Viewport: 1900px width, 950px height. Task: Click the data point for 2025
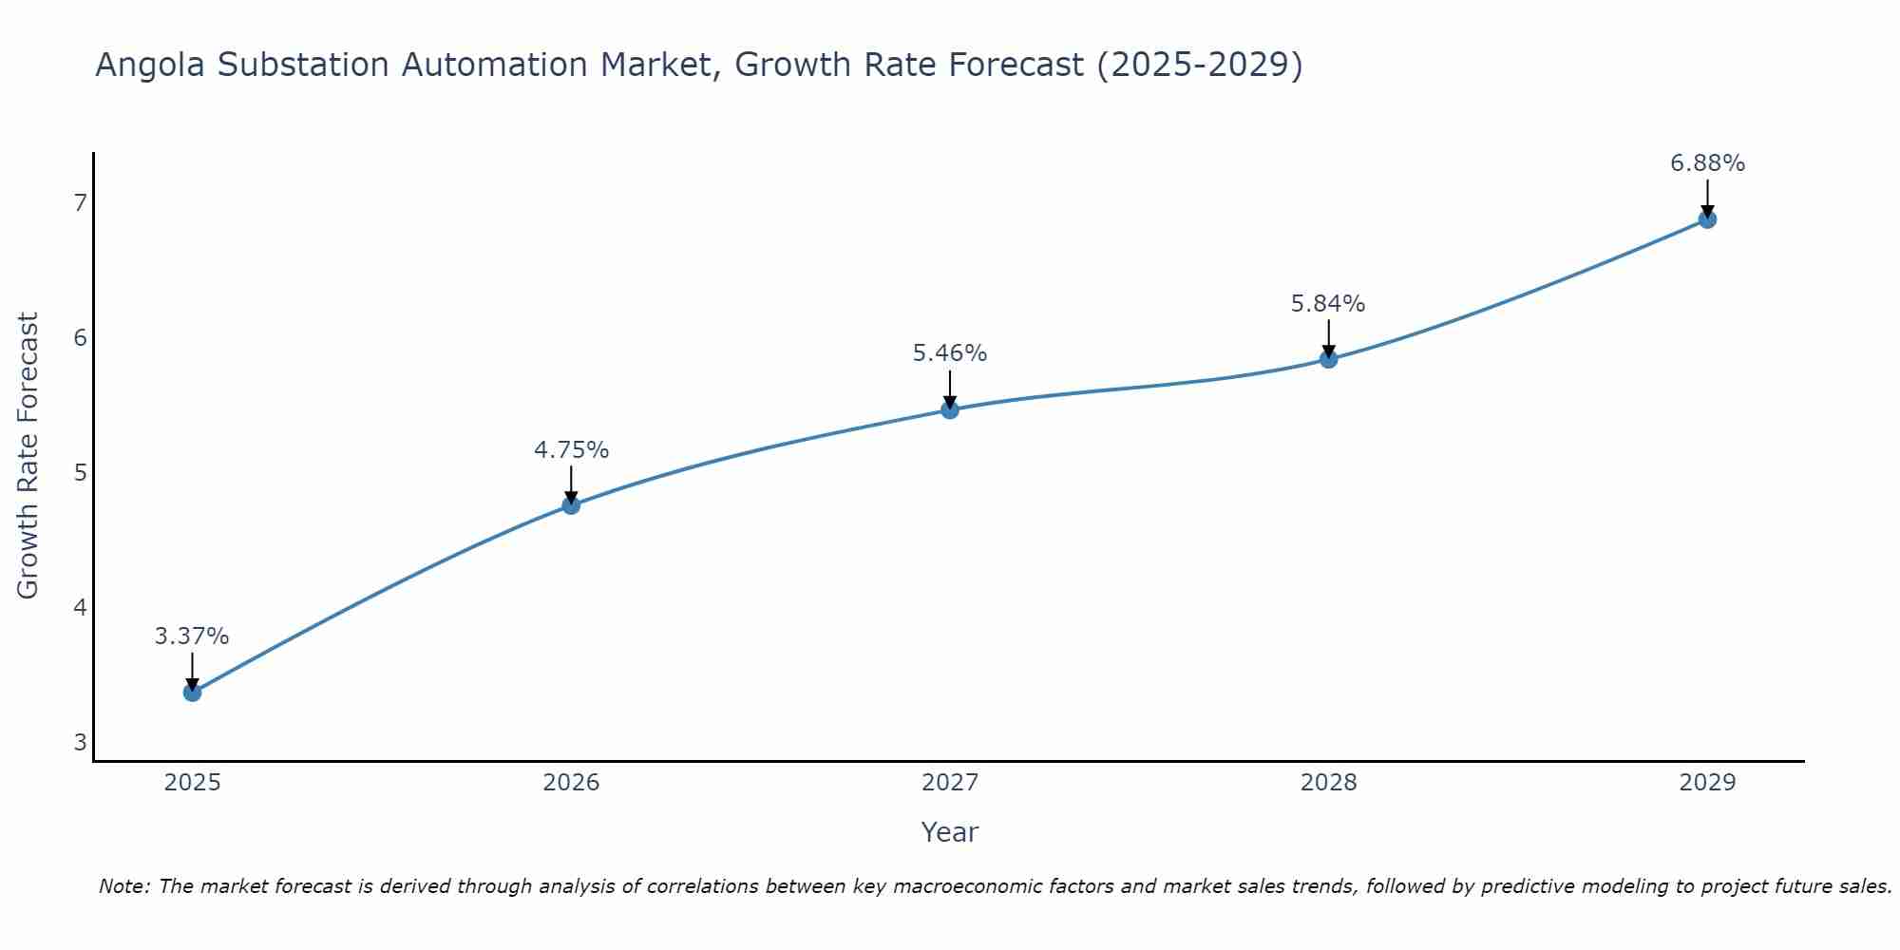tap(192, 693)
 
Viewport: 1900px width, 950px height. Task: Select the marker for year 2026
tap(571, 505)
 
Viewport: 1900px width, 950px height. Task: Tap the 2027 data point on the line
tap(950, 409)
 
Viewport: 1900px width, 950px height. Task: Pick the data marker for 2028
tap(1328, 359)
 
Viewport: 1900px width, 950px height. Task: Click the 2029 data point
tap(1707, 219)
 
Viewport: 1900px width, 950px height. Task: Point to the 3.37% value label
tap(192, 636)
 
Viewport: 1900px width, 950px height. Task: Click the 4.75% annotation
tap(571, 450)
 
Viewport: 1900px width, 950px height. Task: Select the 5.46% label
tap(950, 353)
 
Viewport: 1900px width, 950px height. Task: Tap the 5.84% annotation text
tap(1328, 304)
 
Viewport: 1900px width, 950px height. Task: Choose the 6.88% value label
tap(1707, 163)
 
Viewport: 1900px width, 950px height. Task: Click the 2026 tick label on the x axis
tap(571, 783)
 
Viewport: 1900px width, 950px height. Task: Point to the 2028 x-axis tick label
tap(1328, 783)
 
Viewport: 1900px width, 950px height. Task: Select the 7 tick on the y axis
tap(80, 202)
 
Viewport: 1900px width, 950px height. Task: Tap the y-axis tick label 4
tap(80, 607)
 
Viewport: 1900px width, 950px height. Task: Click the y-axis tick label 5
tap(80, 472)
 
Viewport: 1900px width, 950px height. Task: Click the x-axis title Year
tap(950, 832)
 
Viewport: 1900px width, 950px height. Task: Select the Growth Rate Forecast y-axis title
tap(28, 456)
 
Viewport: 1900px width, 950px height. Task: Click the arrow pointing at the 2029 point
tap(1707, 198)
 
